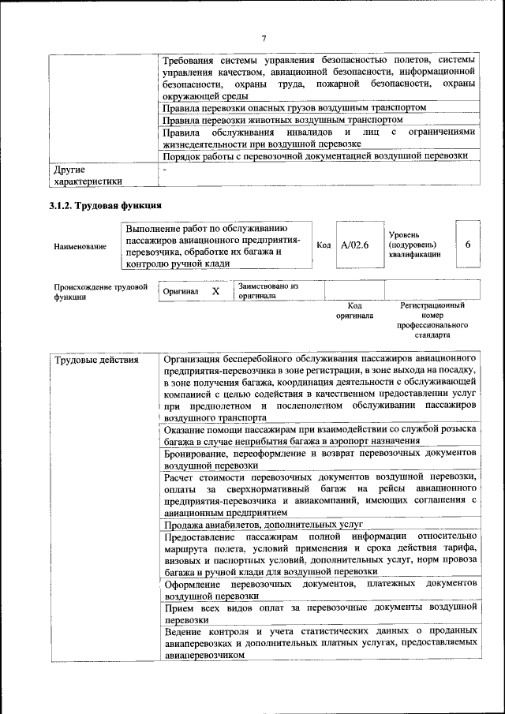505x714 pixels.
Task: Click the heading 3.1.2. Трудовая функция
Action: [106, 206]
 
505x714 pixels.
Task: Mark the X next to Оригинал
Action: [215, 291]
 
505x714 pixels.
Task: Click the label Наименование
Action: [80, 247]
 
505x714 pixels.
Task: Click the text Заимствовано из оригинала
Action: [267, 291]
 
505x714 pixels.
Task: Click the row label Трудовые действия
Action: [96, 361]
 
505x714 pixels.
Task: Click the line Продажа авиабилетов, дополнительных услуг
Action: [263, 523]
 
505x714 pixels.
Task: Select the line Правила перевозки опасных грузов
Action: [294, 107]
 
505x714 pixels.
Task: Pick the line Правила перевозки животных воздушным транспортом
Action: [282, 120]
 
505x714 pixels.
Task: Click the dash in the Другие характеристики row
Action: [165, 169]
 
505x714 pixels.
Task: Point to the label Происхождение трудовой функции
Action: [100, 292]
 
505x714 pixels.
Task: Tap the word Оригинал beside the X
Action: [181, 292]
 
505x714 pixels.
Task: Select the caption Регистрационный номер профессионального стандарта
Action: [432, 320]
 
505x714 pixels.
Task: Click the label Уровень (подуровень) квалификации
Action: [414, 245]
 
